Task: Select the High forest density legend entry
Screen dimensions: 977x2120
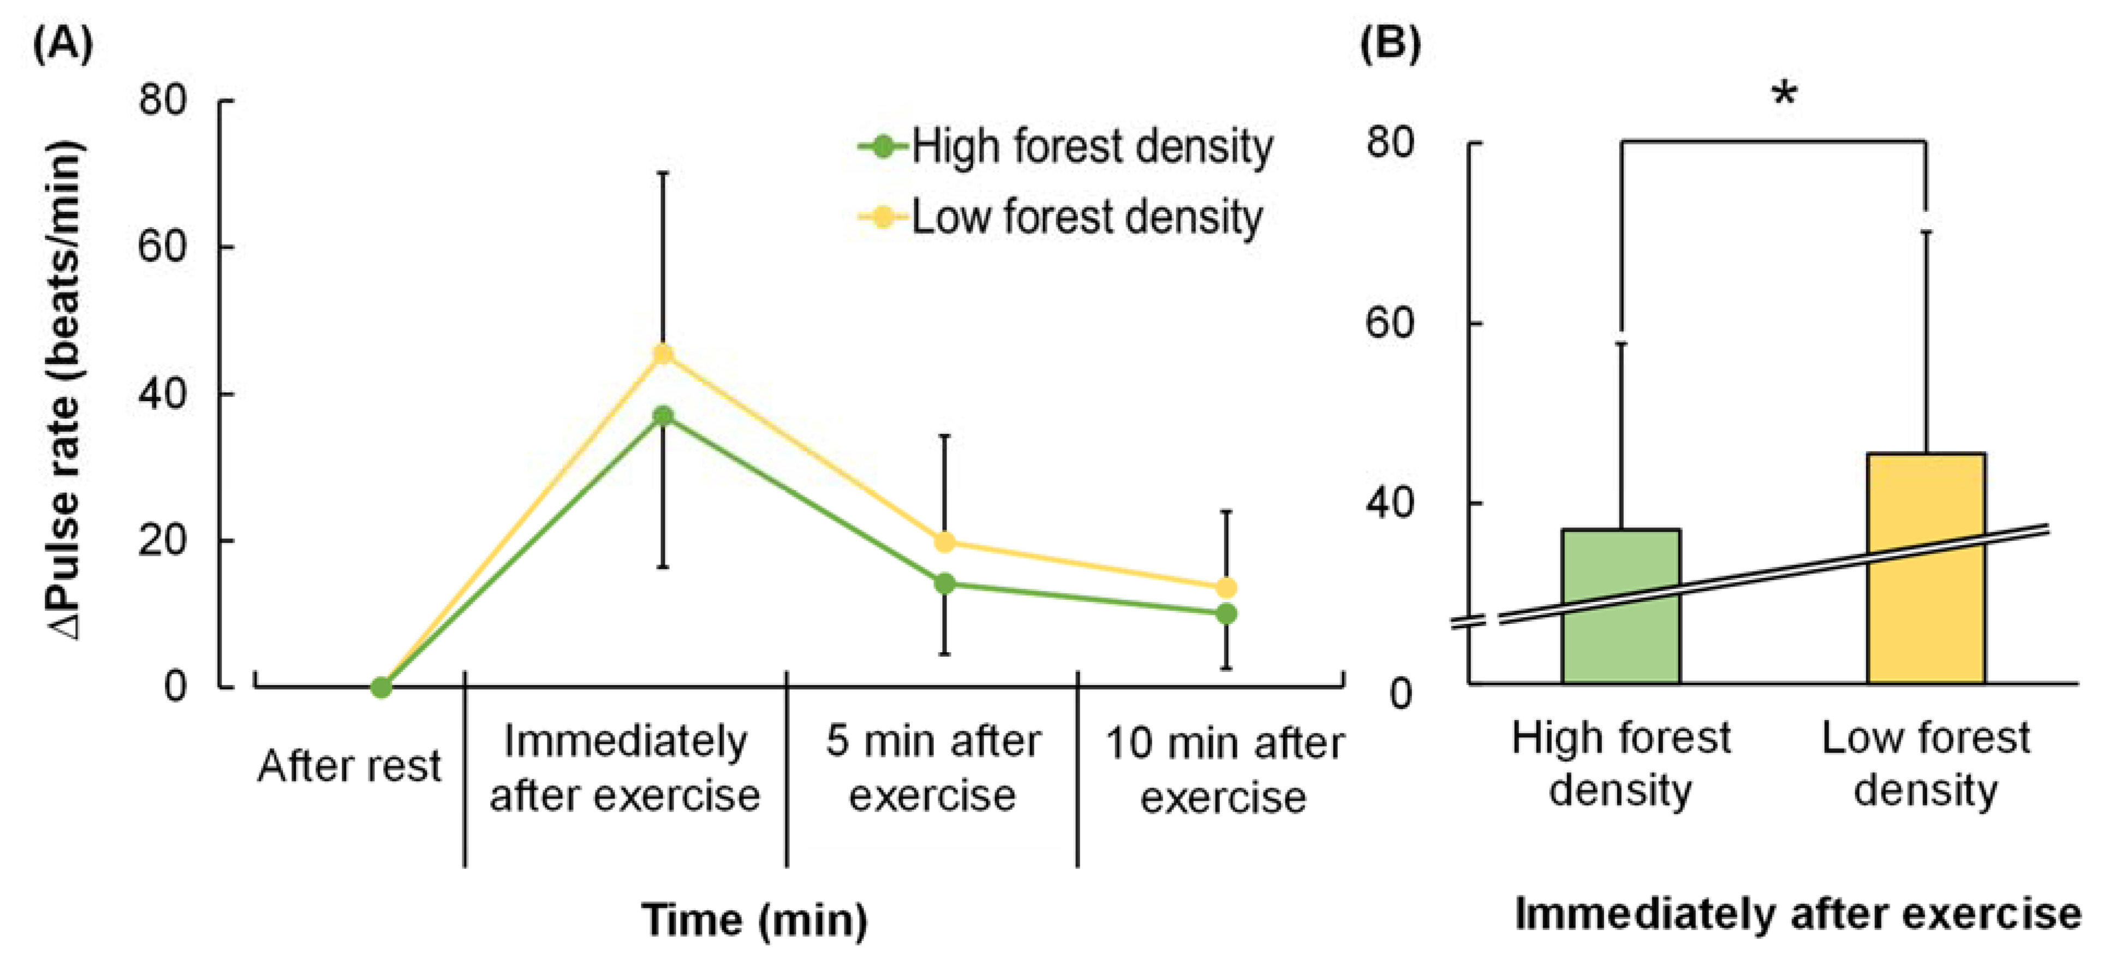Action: pyautogui.click(x=1066, y=148)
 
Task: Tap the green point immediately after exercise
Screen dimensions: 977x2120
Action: pyautogui.click(x=663, y=416)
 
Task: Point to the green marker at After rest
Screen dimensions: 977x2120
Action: pyautogui.click(x=381, y=687)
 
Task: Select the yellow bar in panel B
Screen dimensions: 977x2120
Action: pyautogui.click(x=1926, y=568)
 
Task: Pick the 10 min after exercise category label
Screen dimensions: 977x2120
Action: pyautogui.click(x=1224, y=770)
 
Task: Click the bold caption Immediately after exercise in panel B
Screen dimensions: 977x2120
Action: pyautogui.click(x=1798, y=914)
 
